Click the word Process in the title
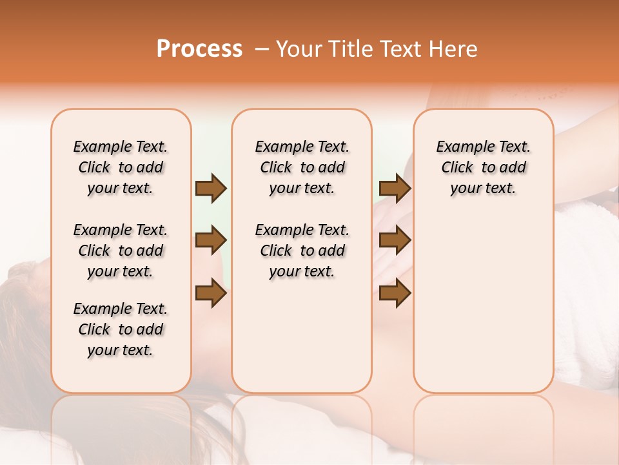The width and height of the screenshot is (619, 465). [199, 49]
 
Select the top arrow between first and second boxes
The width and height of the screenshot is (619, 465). [211, 189]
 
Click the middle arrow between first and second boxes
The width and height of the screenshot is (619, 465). [211, 241]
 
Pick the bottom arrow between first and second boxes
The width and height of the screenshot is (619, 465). [211, 293]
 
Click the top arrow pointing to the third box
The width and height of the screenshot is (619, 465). [395, 189]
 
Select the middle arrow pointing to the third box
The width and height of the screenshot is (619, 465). [395, 241]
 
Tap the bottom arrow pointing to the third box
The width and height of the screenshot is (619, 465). [395, 293]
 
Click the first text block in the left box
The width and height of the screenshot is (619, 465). [121, 167]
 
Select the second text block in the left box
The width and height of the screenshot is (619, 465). [121, 251]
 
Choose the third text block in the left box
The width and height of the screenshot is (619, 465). [121, 329]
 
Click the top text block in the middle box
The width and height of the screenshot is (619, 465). [302, 167]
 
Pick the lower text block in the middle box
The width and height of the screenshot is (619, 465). [302, 251]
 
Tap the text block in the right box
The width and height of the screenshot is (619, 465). [483, 167]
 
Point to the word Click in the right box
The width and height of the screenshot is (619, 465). [457, 167]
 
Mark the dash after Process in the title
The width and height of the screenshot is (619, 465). [261, 49]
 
